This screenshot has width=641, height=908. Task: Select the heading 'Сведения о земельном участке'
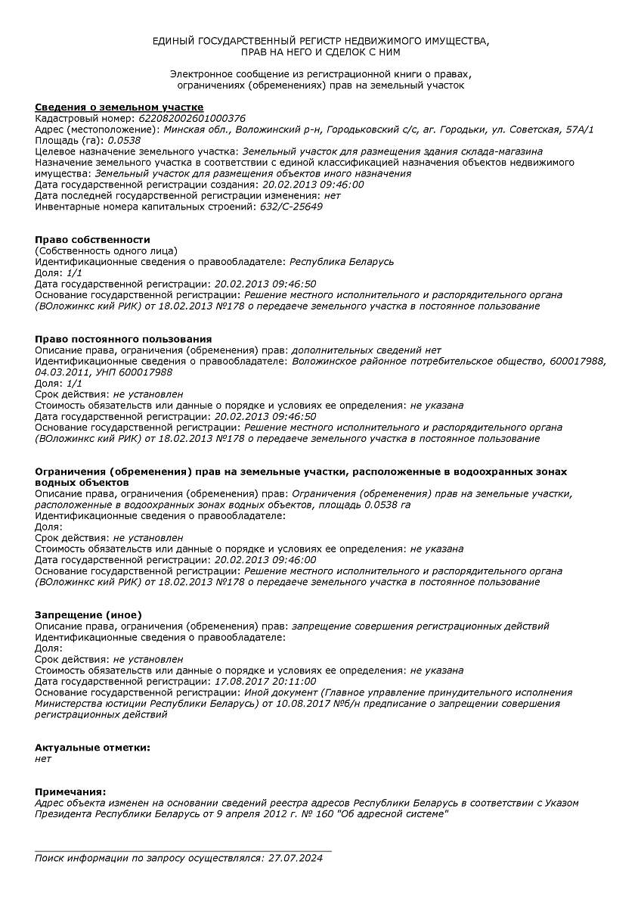119,107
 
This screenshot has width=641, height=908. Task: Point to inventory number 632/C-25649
291,207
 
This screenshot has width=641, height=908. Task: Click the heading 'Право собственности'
92,240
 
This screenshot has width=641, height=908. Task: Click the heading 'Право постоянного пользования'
123,339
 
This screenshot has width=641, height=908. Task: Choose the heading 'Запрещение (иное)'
88,614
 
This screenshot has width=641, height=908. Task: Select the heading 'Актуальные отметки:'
92,748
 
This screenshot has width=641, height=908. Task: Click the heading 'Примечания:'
70,791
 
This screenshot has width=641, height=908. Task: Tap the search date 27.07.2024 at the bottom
294,858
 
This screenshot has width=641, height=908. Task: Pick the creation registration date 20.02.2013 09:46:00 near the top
313,185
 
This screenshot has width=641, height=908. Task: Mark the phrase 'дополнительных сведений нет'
366,350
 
